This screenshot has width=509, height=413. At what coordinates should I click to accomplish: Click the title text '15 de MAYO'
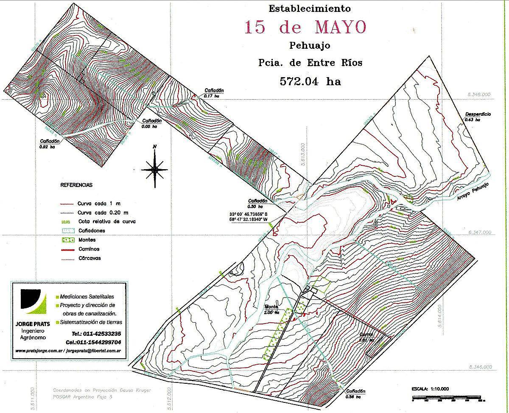[x=305, y=27]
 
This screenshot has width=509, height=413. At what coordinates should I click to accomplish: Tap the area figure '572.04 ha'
[x=310, y=81]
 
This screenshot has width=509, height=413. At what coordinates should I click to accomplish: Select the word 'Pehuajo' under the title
[x=310, y=45]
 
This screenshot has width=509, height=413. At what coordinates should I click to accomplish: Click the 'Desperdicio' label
[x=478, y=114]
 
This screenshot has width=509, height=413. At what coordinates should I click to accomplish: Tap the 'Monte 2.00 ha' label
[x=271, y=309]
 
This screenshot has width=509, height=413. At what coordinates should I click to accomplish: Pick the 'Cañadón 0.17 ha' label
[x=214, y=93]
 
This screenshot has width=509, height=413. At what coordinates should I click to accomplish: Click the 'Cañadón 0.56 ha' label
[x=355, y=393]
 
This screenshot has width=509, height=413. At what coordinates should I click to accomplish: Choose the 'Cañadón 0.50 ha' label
[x=258, y=203]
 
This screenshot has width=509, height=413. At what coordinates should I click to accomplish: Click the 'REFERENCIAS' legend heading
[x=76, y=185]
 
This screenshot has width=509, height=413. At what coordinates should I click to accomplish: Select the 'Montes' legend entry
[x=86, y=240]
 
